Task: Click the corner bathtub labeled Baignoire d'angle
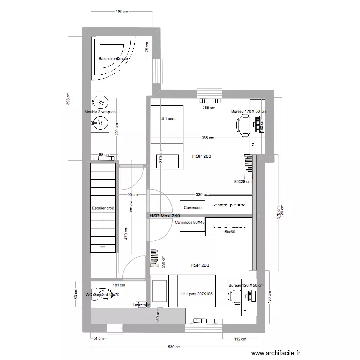(x=113, y=59)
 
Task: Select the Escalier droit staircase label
(x=103, y=208)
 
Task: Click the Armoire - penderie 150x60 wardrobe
(x=228, y=229)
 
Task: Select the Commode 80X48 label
(x=190, y=222)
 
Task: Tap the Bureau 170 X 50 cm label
(x=248, y=111)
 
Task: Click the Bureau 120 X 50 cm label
(x=246, y=285)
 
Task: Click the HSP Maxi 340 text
(x=165, y=216)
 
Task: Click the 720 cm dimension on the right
(x=282, y=211)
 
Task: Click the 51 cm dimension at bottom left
(x=98, y=339)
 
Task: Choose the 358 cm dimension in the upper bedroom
(x=208, y=108)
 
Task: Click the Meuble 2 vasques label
(x=100, y=112)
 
